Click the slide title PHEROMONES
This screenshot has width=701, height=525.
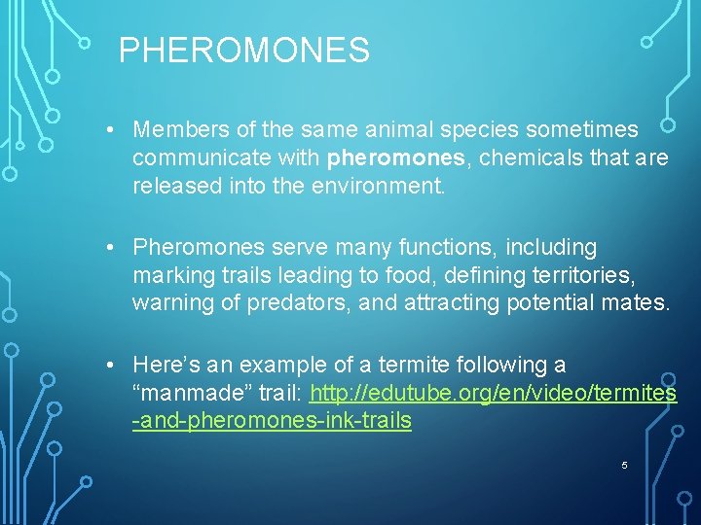point(244,51)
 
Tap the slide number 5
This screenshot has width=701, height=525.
point(624,466)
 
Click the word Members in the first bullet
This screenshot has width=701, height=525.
point(178,129)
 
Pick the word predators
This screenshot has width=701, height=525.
point(298,303)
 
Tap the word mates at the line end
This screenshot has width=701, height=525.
point(637,303)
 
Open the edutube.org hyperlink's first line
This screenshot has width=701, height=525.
point(493,393)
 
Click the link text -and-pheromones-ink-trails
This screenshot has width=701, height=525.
point(272,421)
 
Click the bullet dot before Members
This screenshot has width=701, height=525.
point(114,129)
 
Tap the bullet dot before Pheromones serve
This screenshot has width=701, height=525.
point(114,247)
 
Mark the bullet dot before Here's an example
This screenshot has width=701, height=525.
point(114,365)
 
